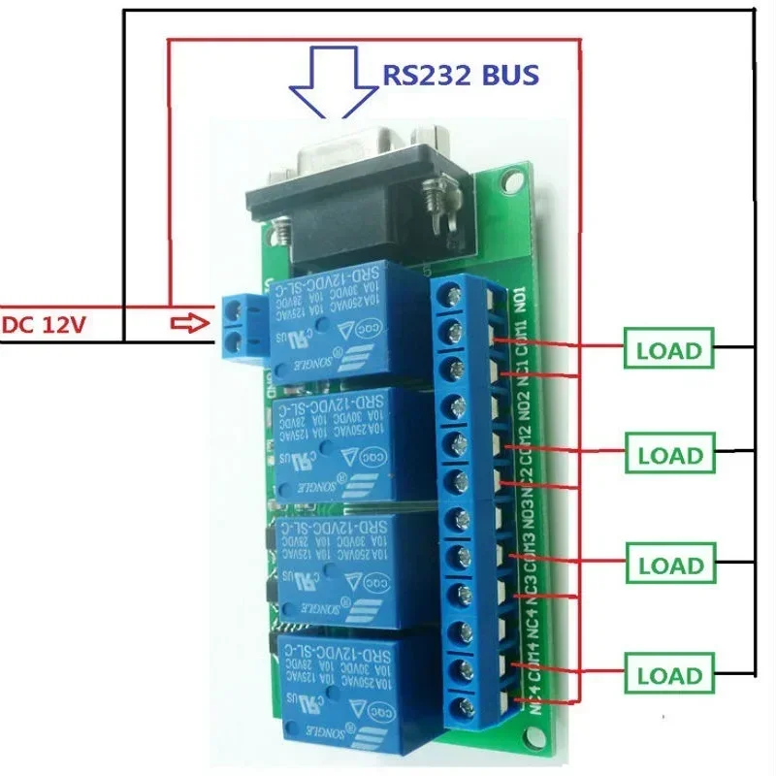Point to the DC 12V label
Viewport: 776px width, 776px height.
44,324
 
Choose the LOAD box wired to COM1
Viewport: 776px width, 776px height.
668,350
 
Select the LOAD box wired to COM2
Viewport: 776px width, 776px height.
668,454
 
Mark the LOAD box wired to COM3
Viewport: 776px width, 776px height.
668,565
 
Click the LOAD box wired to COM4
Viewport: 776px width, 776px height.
668,675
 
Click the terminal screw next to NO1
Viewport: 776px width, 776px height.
452,296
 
